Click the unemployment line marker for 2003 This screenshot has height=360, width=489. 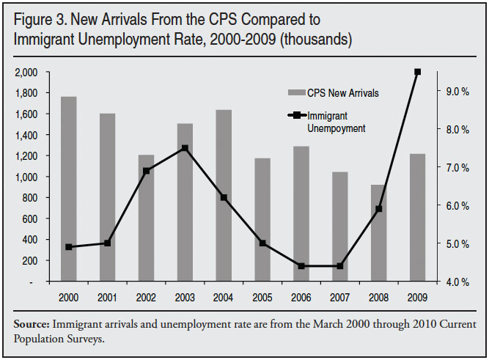pyautogui.click(x=185, y=148)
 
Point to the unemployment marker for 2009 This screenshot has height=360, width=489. pyautogui.click(x=417, y=72)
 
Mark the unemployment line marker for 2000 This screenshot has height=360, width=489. pyautogui.click(x=68, y=247)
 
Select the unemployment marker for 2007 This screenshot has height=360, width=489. pyautogui.click(x=339, y=266)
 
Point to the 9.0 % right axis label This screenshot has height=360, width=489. pyautogui.click(x=455, y=92)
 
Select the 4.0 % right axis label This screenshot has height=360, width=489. pyautogui.click(x=455, y=282)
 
